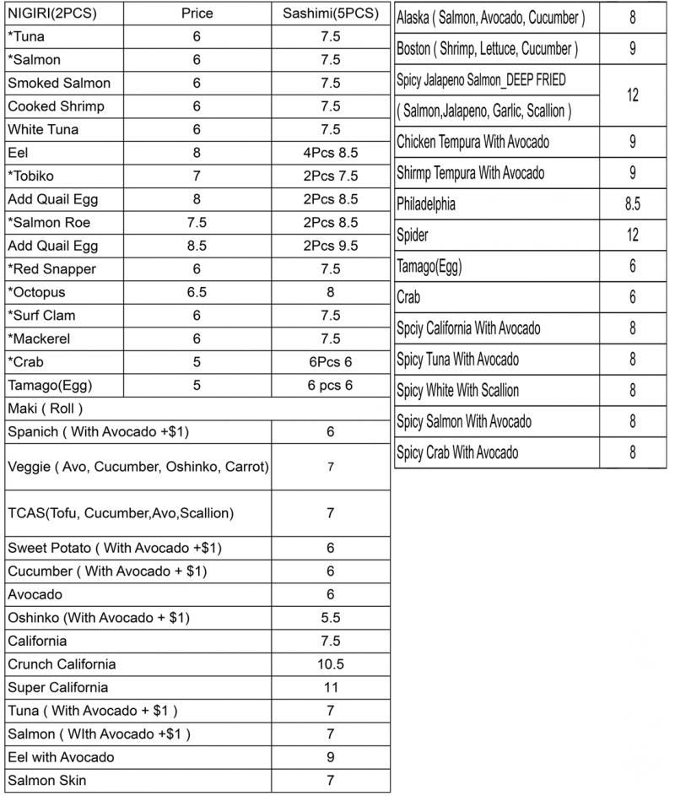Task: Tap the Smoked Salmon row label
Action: click(x=59, y=84)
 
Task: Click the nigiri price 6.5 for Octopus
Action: click(x=197, y=292)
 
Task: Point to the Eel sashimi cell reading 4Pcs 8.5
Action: click(x=331, y=153)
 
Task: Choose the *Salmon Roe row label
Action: click(x=49, y=223)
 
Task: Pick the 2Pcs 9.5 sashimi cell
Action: click(x=331, y=246)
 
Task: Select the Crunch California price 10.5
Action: click(x=331, y=664)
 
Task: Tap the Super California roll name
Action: click(x=58, y=687)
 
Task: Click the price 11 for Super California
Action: click(x=331, y=687)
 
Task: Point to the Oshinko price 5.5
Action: click(x=331, y=618)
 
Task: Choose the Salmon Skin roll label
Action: click(x=47, y=780)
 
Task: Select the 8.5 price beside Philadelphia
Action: click(x=633, y=204)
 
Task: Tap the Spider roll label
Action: click(x=413, y=236)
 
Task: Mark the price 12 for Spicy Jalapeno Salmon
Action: click(x=633, y=95)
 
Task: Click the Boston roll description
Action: click(x=488, y=49)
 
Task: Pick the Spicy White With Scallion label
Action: click(x=458, y=391)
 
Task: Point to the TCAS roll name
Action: click(x=121, y=512)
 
